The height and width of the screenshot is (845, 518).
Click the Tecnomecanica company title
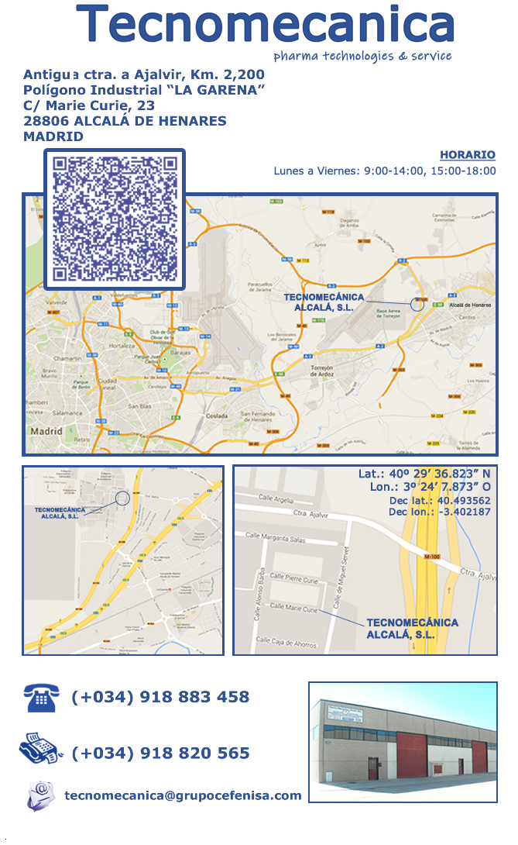[265, 25]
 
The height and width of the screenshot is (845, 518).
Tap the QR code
[115, 219]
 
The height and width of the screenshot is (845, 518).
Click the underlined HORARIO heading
[468, 155]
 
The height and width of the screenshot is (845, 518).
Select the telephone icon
[40, 698]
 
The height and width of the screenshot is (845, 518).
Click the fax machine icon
[40, 750]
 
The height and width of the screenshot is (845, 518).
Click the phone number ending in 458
[160, 697]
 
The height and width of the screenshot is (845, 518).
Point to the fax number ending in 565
[160, 753]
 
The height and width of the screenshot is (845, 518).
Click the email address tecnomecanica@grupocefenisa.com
[183, 795]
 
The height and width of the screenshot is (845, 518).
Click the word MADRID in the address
[53, 136]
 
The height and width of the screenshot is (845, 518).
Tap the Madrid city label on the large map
[46, 430]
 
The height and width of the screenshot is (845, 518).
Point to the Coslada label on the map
[217, 417]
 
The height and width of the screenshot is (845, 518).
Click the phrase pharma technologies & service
[362, 56]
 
